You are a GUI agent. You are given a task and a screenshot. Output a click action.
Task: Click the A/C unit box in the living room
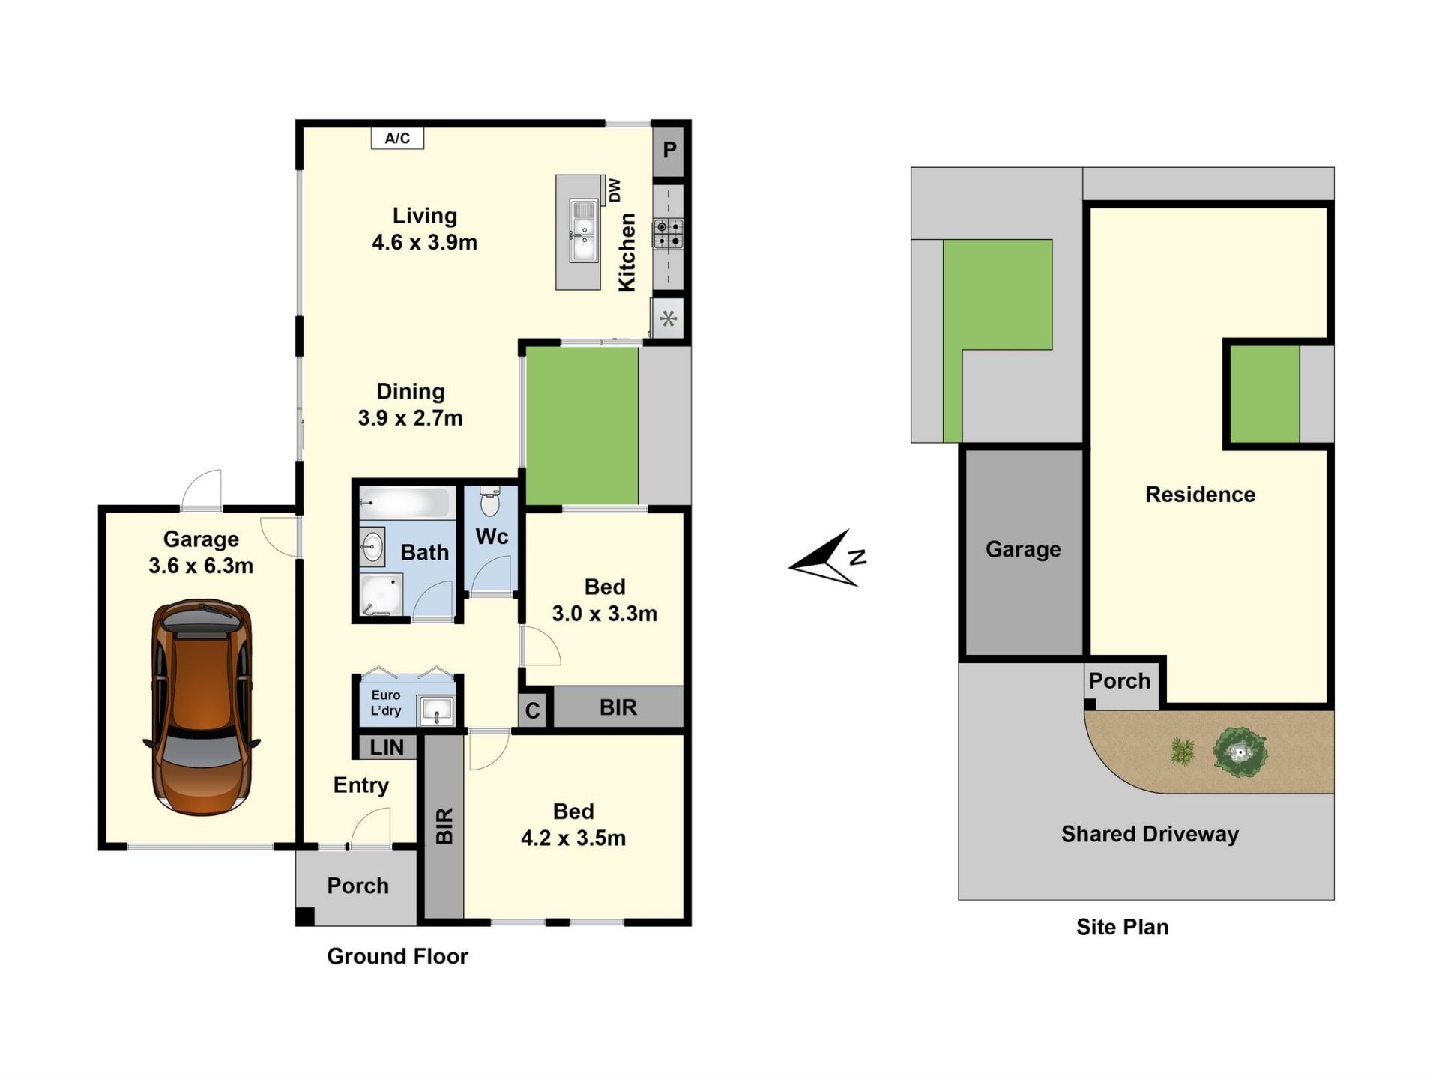coord(397,138)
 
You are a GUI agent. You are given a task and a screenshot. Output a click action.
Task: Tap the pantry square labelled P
coord(669,150)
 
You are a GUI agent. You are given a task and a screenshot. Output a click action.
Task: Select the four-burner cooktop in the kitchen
coord(668,233)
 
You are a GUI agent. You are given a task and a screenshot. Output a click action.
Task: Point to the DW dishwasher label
coord(615,190)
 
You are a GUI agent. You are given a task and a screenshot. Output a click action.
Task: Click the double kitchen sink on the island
coord(582,231)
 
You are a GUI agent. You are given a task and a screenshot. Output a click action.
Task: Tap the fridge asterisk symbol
coord(668,319)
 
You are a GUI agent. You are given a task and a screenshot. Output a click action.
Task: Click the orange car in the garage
coord(202,707)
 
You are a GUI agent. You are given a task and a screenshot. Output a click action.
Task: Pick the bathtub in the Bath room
coord(405,502)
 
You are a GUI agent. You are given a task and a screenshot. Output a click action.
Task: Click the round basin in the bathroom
coord(372,547)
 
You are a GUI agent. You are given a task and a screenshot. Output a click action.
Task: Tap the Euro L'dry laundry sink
coord(435,710)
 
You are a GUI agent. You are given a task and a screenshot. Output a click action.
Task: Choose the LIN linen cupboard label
coord(387,747)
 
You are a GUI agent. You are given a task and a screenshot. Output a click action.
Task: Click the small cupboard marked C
coord(532,710)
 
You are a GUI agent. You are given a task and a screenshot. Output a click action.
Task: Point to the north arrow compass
coord(828,558)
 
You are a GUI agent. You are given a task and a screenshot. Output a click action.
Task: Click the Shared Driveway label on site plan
coord(1150,834)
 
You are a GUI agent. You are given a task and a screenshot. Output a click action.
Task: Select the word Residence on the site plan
coord(1200,495)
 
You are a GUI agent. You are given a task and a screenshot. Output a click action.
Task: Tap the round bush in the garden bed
coord(1240,752)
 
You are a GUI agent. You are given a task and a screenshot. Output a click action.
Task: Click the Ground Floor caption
coord(397,956)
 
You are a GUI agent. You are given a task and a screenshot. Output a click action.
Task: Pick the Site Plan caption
coord(1122,927)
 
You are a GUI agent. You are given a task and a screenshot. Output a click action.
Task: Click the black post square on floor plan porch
coord(304,916)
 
